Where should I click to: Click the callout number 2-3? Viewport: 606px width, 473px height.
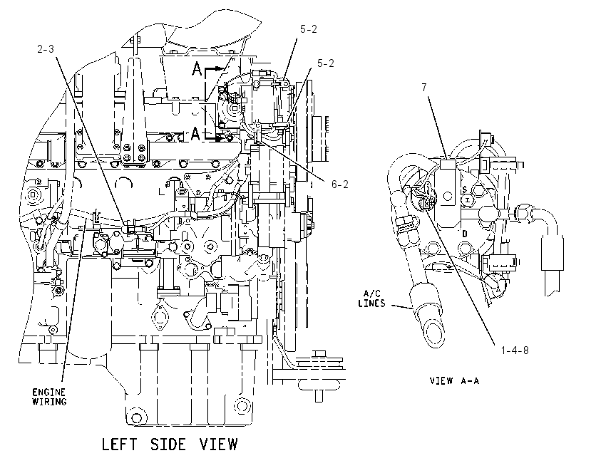pyautogui.click(x=46, y=49)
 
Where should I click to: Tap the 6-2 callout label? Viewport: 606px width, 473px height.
pyautogui.click(x=339, y=184)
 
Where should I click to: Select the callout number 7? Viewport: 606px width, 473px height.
pyautogui.click(x=424, y=88)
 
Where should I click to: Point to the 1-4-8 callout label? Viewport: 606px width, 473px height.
pyautogui.click(x=515, y=350)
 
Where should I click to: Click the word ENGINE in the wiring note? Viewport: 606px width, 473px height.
pyautogui.click(x=49, y=393)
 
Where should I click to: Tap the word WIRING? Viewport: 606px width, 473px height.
pyautogui.click(x=49, y=402)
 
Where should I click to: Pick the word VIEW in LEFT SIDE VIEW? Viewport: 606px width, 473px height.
pyautogui.click(x=218, y=444)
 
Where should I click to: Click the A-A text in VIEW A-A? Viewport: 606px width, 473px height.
pyautogui.click(x=470, y=380)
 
